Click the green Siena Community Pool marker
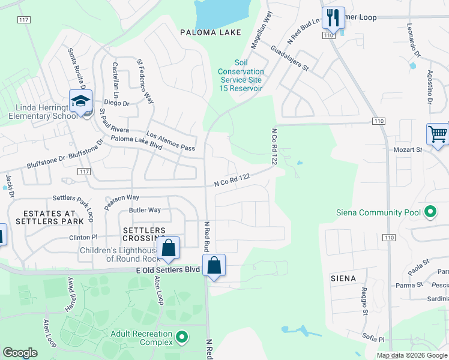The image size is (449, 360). [430, 212]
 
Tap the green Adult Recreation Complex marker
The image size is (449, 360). [182, 337]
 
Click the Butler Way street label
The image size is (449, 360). [145, 210]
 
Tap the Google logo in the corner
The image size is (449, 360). [20, 353]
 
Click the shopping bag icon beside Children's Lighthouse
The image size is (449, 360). [169, 247]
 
